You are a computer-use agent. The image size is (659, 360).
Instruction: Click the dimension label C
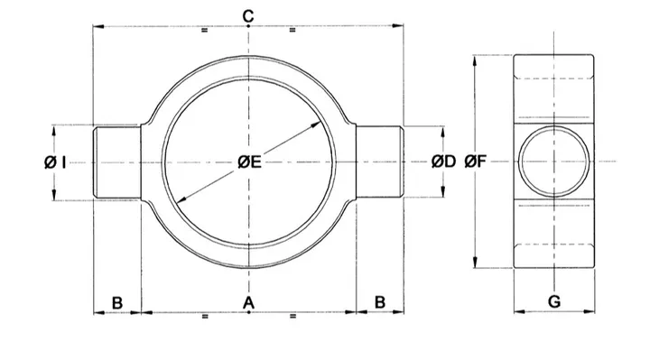click(248, 16)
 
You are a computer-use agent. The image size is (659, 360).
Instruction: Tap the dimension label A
click(249, 302)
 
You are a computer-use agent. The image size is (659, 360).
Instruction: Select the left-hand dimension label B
click(117, 302)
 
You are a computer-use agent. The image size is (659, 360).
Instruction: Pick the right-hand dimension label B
click(380, 302)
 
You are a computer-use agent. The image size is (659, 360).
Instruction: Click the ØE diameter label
click(250, 162)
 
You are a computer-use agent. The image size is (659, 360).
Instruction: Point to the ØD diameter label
click(443, 162)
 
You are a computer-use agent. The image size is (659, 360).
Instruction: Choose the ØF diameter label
click(476, 162)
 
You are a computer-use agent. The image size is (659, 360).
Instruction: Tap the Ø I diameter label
click(55, 162)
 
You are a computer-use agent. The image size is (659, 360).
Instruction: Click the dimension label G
click(554, 301)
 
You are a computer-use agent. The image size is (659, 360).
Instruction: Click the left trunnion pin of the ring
click(116, 162)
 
